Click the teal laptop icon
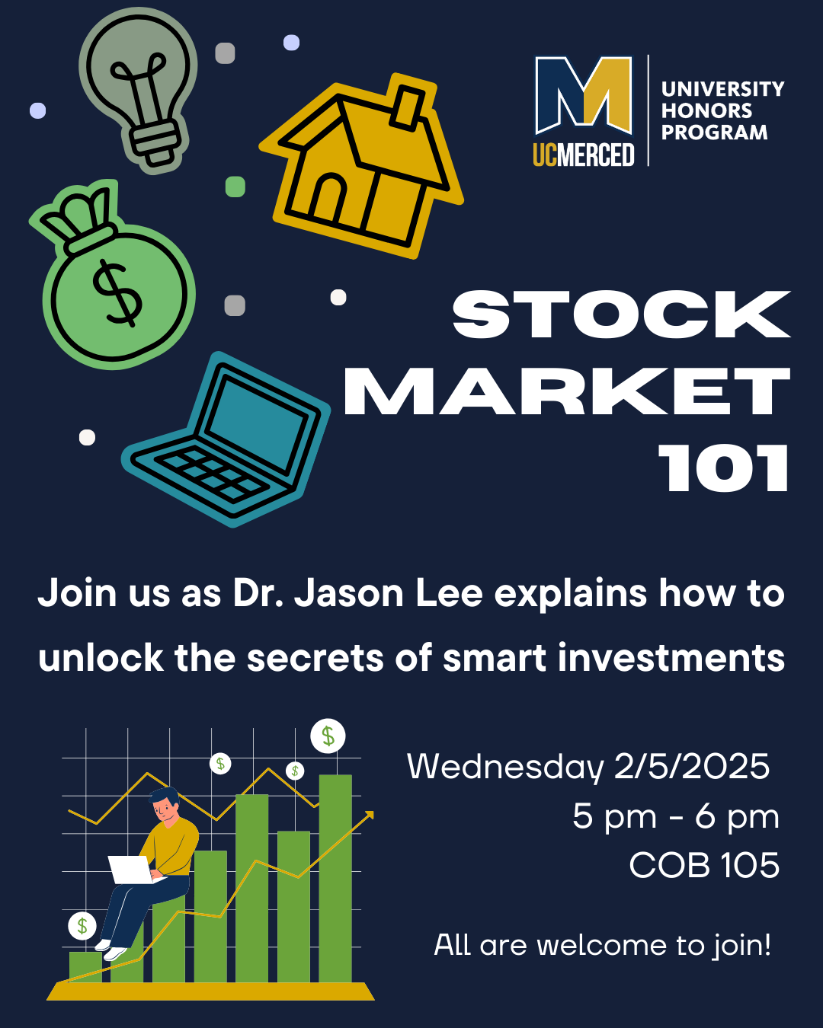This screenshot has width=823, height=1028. (226, 440)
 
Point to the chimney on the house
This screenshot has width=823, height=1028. (407, 107)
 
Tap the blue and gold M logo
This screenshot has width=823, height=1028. (584, 95)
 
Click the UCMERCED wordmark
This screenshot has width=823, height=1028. (584, 155)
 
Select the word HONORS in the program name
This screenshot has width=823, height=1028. (706, 111)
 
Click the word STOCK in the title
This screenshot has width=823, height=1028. (621, 314)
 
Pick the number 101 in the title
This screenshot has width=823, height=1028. (722, 468)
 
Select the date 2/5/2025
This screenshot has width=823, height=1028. (692, 767)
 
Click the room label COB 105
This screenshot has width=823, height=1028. (704, 865)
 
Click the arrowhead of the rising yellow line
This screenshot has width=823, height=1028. (369, 815)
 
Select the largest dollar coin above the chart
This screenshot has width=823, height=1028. (328, 736)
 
